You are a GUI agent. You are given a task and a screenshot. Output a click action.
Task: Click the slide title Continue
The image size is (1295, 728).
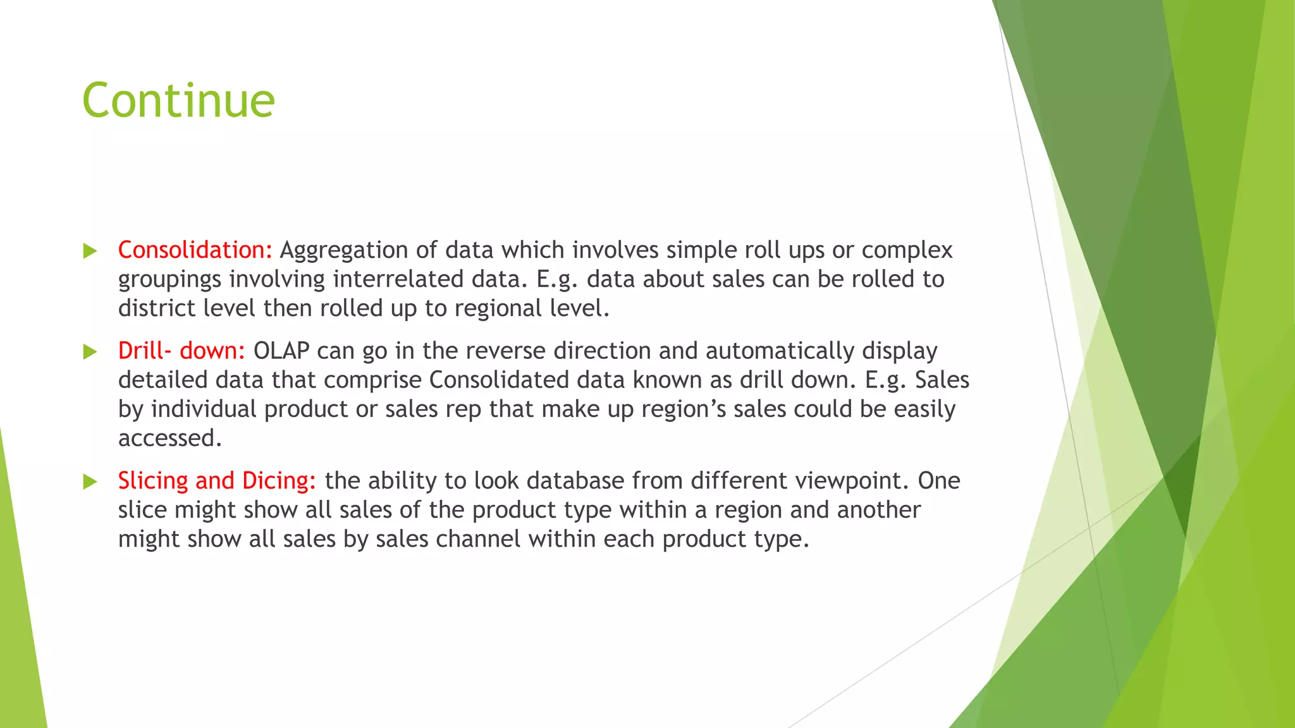click(178, 100)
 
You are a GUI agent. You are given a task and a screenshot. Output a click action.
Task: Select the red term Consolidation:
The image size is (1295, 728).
click(195, 250)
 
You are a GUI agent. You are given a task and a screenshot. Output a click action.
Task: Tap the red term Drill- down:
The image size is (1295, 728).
click(181, 351)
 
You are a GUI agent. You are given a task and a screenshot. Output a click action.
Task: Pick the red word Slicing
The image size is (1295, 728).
click(153, 481)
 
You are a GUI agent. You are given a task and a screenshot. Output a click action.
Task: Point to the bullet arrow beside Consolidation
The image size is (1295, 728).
click(90, 252)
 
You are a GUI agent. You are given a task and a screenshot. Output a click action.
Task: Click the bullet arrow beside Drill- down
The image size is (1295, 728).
click(90, 352)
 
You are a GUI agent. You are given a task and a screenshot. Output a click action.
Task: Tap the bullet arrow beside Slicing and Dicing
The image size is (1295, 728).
click(90, 482)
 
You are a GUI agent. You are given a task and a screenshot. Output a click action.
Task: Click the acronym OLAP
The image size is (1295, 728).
click(281, 351)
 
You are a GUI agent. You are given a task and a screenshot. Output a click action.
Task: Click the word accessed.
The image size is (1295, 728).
click(169, 438)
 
